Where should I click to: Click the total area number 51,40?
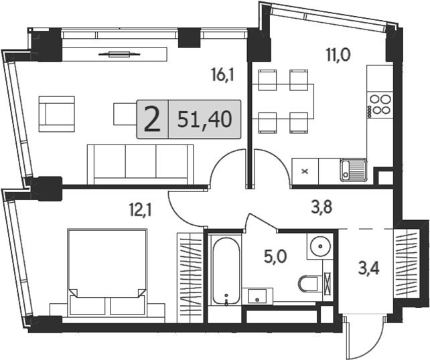point(205,120)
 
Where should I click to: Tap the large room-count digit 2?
point(153,120)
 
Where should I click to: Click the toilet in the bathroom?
point(309,283)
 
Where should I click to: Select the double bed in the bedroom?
point(106,272)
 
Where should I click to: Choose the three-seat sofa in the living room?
point(141,163)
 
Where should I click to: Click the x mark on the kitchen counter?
point(305,171)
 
